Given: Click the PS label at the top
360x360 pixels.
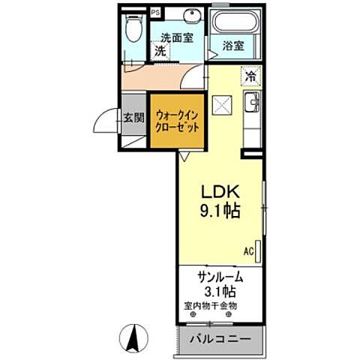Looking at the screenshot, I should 155,13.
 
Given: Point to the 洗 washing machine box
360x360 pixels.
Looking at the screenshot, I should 160,52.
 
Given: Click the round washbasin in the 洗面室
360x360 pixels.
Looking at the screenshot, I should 192,16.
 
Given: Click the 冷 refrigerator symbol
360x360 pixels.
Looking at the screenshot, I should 250,76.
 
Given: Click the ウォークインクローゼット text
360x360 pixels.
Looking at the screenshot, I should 177,121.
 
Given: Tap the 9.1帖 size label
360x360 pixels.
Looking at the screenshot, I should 220,211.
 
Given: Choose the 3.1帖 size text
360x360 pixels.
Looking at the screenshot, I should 220,291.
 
